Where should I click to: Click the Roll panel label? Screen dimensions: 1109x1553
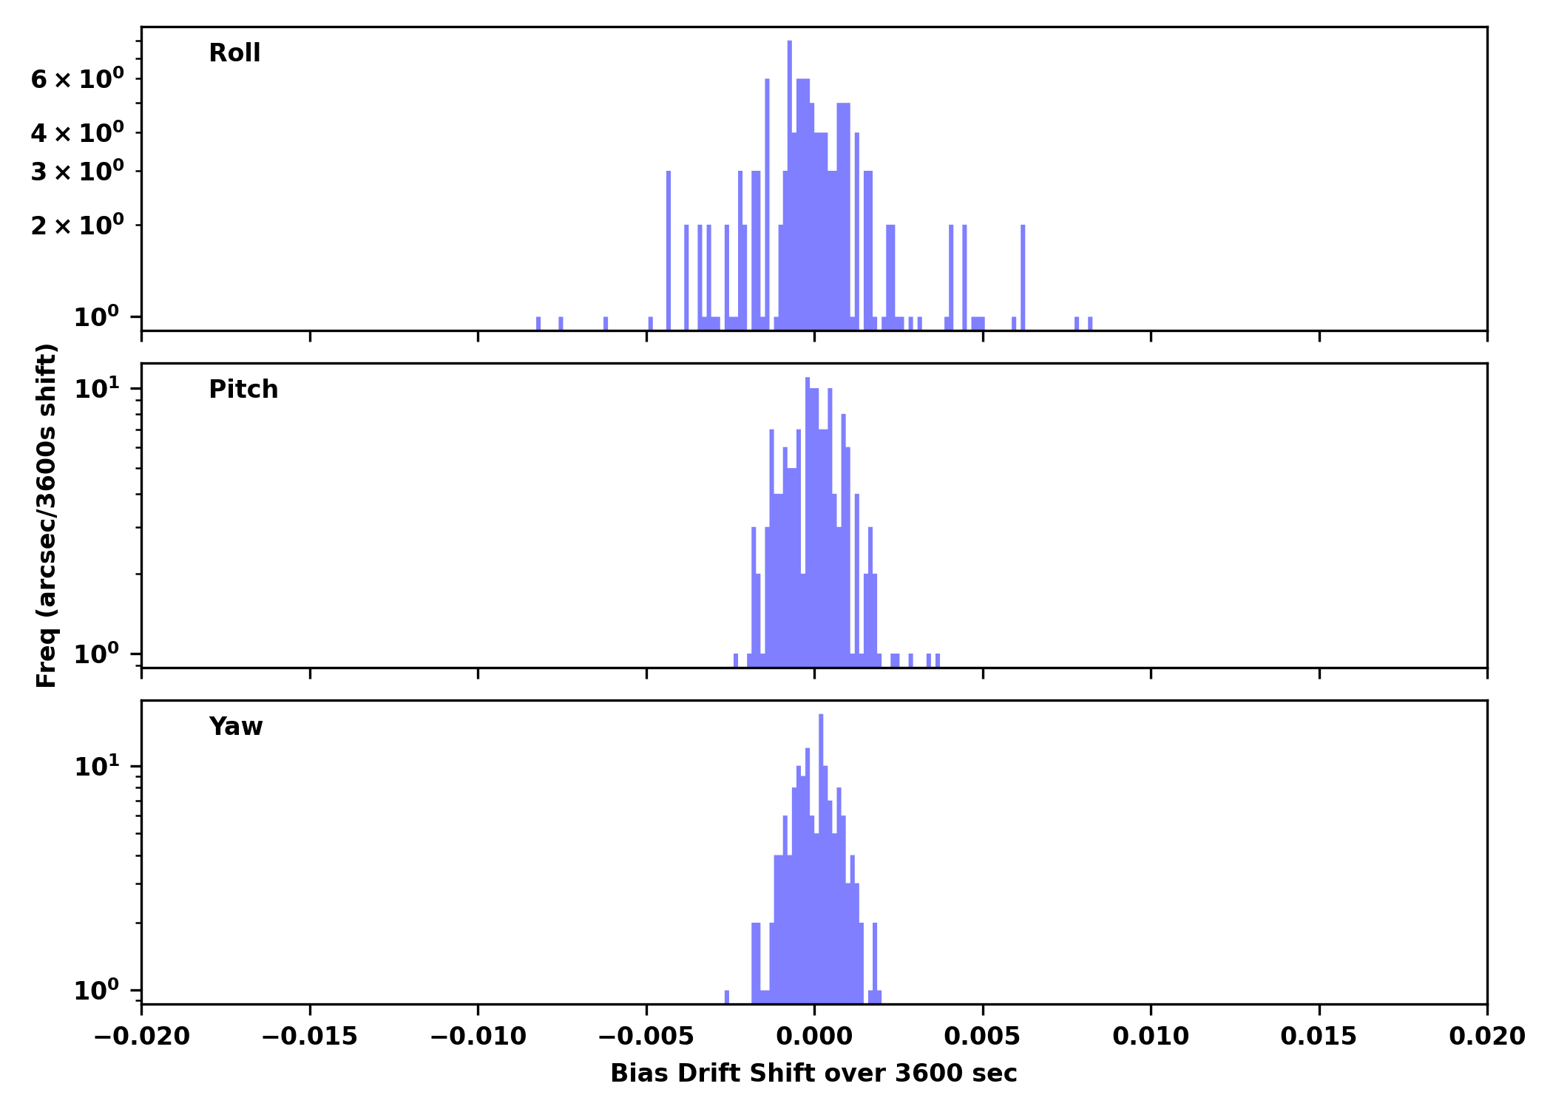[234, 53]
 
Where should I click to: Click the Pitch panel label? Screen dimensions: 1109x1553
[243, 390]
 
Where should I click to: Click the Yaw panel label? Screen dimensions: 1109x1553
[236, 727]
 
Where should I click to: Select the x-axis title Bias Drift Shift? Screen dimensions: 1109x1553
[813, 1074]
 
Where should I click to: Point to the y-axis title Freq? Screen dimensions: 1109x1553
[46, 515]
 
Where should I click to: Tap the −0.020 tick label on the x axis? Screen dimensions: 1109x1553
[142, 1037]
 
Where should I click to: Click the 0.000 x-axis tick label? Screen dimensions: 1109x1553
[814, 1037]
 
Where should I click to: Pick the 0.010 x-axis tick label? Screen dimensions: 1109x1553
[1151, 1037]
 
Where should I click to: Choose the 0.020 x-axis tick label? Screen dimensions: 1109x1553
[1486, 1037]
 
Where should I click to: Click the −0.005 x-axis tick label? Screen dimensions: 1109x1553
[646, 1037]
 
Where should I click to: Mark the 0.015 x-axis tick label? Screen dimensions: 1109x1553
[1319, 1037]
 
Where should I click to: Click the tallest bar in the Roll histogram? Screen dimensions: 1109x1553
[790, 185]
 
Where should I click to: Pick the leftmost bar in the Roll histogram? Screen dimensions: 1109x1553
[538, 323]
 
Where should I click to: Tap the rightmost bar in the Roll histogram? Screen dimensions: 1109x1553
[1090, 323]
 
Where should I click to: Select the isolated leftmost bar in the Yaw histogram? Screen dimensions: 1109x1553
[727, 997]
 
